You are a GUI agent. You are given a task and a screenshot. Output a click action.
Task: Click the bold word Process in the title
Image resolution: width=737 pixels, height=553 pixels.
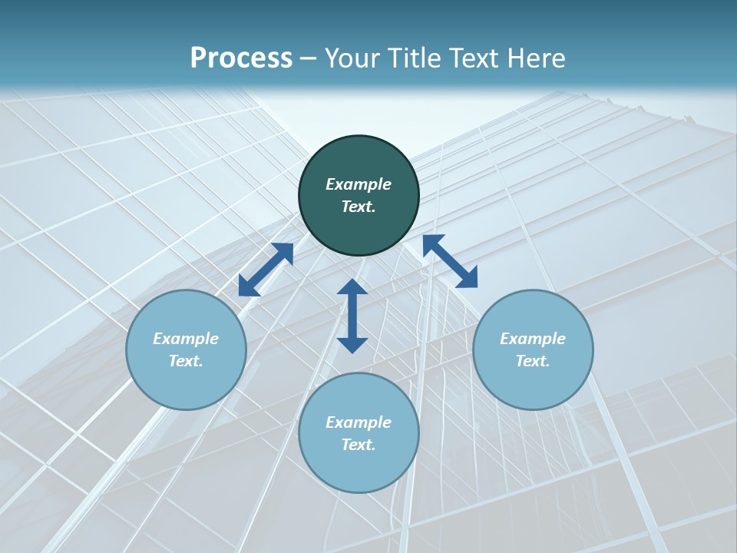(241, 58)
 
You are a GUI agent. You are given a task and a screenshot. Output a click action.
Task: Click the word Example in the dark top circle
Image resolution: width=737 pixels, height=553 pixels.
(359, 184)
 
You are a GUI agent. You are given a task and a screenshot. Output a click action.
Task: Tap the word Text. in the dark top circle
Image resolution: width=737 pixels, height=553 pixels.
(359, 207)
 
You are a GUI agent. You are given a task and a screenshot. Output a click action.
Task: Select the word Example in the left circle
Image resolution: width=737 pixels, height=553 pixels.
(186, 339)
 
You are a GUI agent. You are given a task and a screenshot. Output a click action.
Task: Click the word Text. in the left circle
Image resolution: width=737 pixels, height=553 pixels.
(186, 361)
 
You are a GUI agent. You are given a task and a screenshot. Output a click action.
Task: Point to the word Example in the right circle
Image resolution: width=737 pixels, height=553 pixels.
(533, 339)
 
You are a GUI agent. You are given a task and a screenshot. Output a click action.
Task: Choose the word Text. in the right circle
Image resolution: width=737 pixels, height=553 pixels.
(533, 361)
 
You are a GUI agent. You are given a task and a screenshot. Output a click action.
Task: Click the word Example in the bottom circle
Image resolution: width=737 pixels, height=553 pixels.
(359, 422)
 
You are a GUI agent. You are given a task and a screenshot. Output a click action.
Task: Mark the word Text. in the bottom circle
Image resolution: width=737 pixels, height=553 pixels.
(359, 445)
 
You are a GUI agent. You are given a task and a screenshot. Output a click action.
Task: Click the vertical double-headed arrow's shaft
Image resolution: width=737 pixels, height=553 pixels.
(352, 316)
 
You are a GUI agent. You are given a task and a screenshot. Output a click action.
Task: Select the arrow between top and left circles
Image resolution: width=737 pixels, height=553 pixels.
(266, 270)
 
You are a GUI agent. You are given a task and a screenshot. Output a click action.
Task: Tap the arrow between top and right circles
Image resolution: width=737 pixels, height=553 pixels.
(451, 261)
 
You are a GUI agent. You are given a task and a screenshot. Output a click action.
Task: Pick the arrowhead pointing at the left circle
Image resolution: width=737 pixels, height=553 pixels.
(248, 286)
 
